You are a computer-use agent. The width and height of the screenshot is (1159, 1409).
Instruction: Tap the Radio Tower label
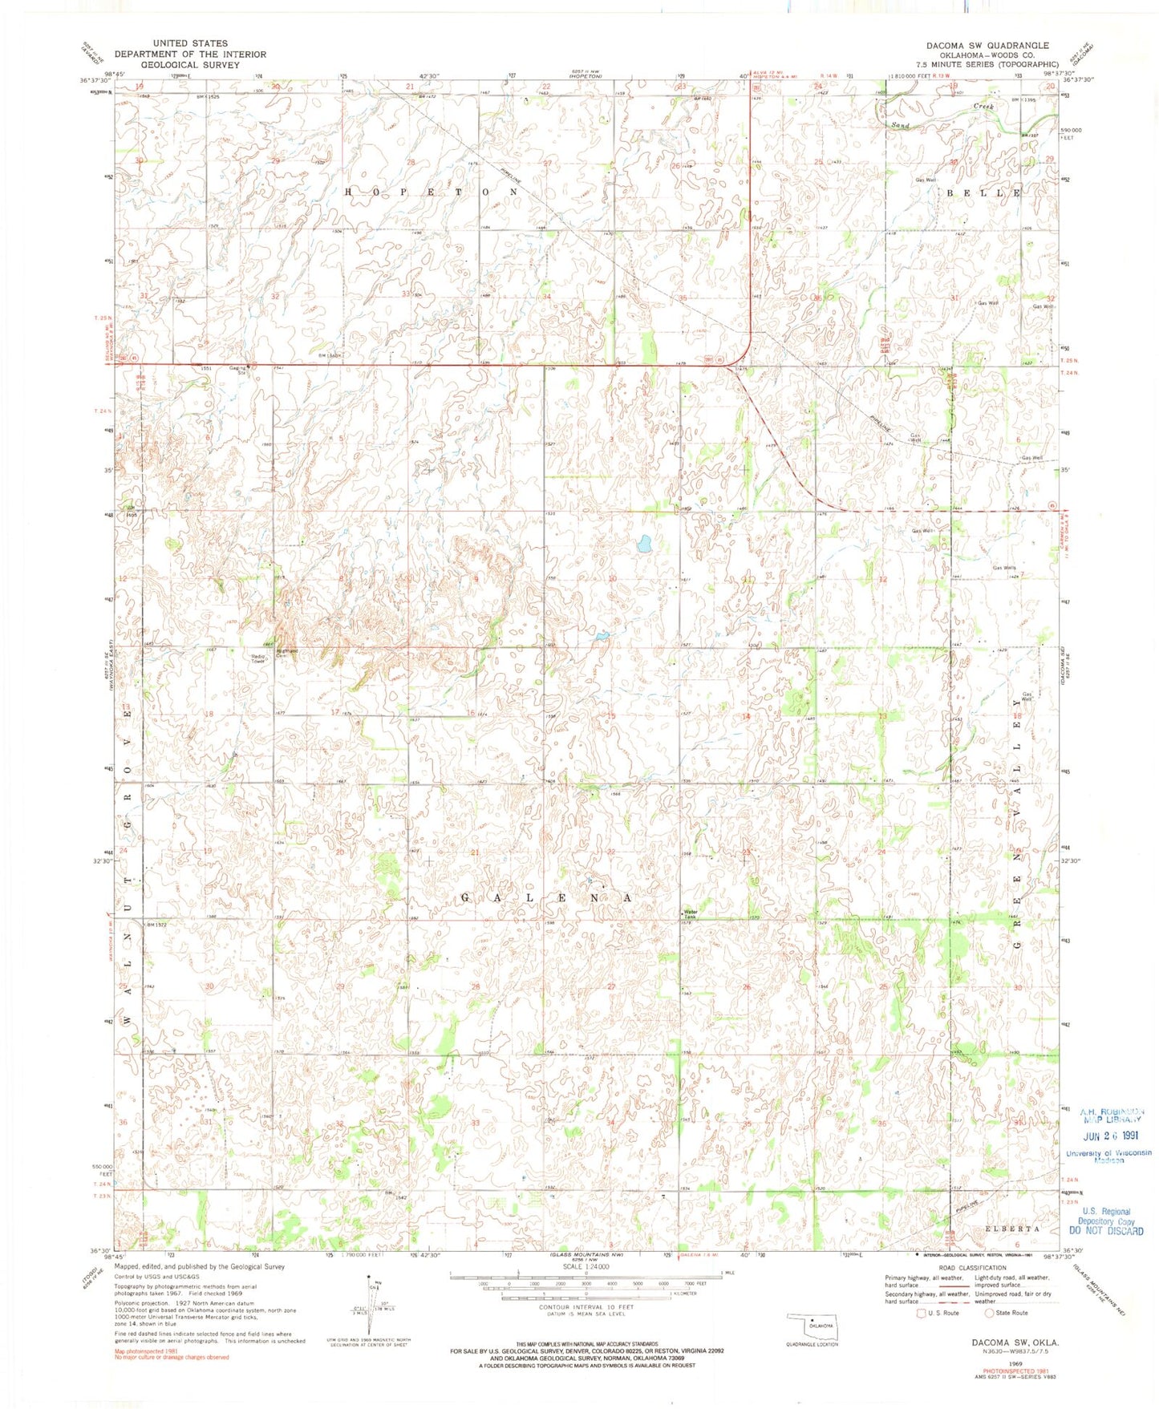(x=257, y=658)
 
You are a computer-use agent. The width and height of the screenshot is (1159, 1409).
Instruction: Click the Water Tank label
(x=690, y=913)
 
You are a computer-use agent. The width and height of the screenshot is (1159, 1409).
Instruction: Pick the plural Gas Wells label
(x=1004, y=568)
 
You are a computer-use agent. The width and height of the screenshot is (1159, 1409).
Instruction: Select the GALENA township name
(x=545, y=898)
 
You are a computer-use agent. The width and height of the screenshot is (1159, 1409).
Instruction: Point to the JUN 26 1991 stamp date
(x=1110, y=1136)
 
